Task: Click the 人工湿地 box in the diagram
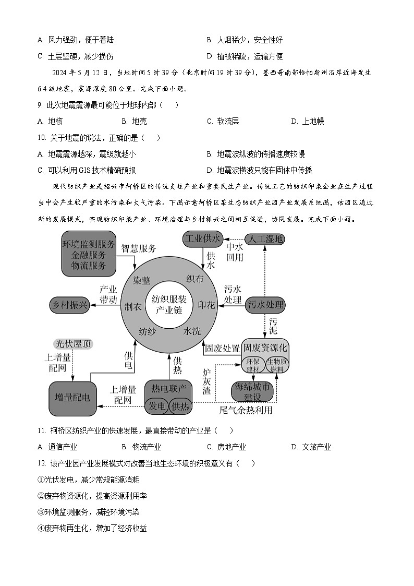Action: coord(265,240)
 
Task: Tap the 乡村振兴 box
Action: coord(69,305)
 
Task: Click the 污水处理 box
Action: coord(266,305)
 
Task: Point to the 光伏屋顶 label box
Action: coord(73,344)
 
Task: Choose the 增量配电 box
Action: coord(72,397)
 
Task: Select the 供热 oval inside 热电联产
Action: coord(180,406)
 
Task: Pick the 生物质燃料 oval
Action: coord(276,365)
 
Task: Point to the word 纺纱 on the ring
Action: coord(148,331)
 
